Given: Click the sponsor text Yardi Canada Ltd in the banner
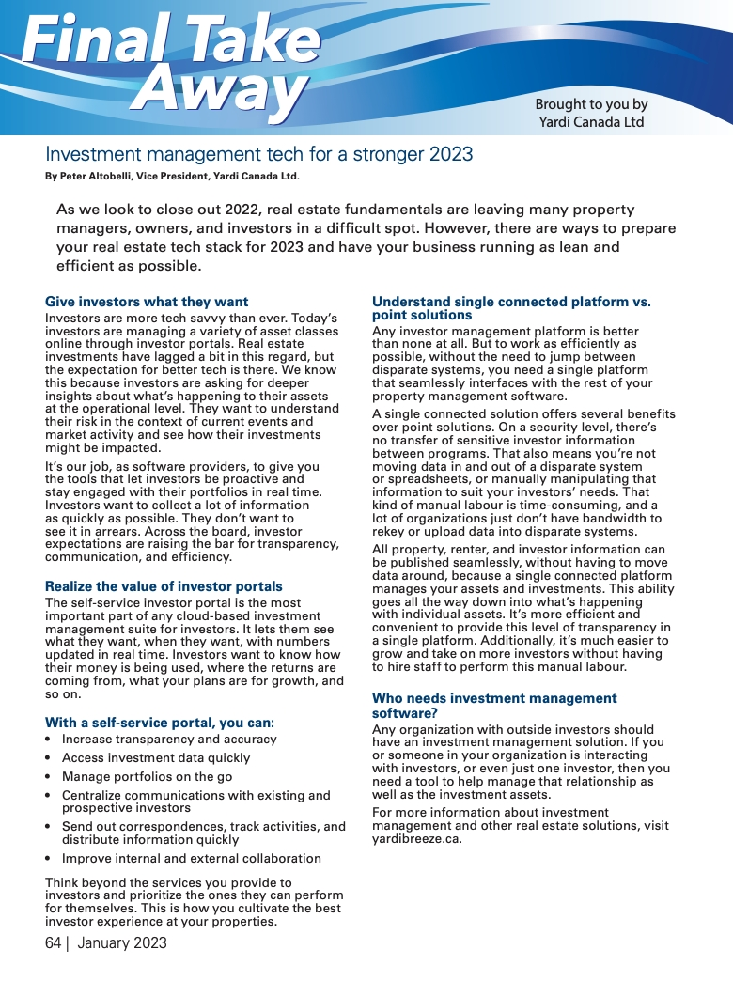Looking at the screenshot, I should pos(591,122).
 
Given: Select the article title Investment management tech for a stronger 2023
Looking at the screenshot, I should pos(259,154).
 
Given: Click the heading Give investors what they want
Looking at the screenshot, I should pos(147,302).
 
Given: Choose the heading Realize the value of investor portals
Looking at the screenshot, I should pos(164,586).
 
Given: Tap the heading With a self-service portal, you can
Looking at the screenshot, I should pos(160,723).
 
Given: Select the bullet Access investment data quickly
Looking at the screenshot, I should pos(156,758).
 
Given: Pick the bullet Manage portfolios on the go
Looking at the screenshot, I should pos(147,777).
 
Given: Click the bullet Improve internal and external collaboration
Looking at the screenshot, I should pos(192,859).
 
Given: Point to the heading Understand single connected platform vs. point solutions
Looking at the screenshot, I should pos(511,308).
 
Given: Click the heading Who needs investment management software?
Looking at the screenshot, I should pos(494,705).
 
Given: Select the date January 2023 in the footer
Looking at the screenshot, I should pos(122,942).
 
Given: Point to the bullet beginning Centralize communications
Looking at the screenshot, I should pos(195,802).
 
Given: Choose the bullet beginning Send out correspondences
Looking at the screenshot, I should pos(203,833).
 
